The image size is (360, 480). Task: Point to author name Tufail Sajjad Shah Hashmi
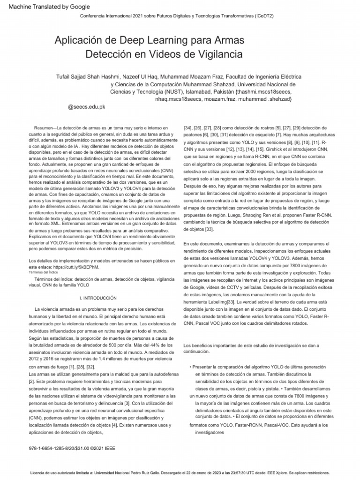(x=90, y=76)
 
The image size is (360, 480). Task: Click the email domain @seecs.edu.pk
(x=87, y=107)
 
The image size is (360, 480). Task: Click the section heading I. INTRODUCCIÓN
(x=98, y=298)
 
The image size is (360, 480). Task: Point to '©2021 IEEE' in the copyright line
(x=103, y=448)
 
